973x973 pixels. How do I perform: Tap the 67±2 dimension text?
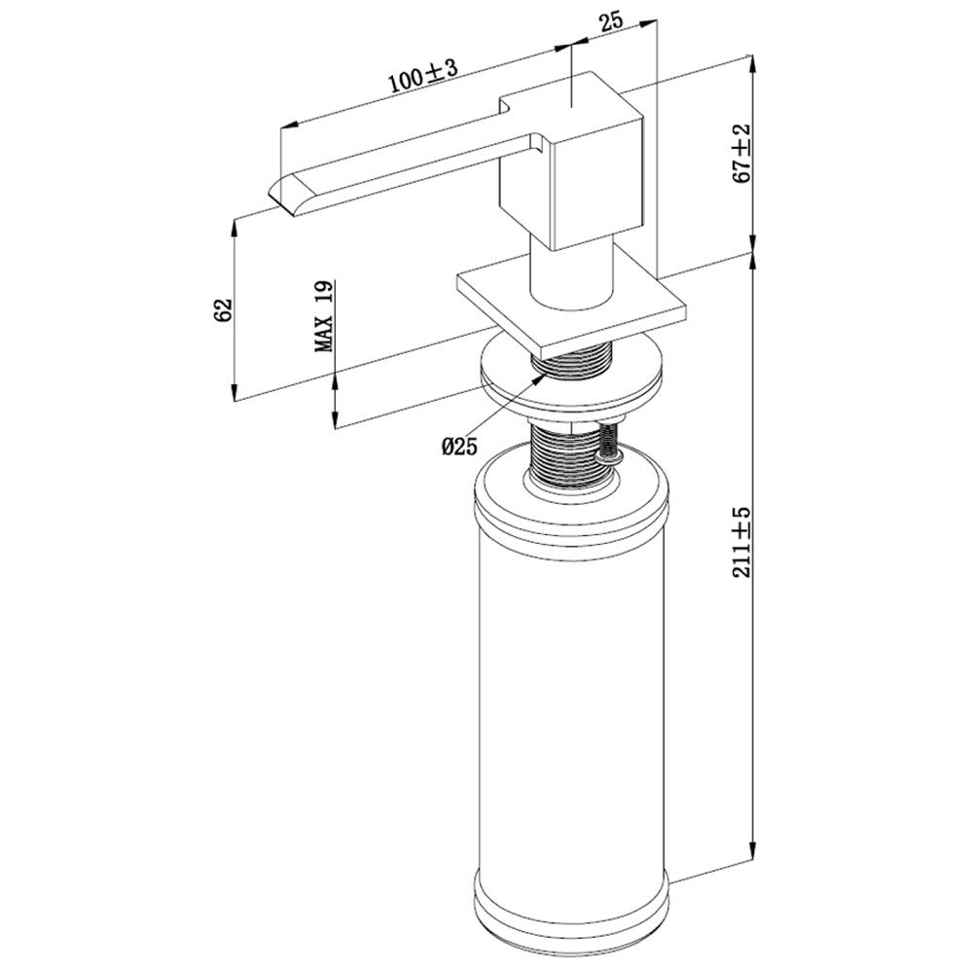click(x=741, y=154)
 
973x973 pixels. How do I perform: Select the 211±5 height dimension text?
click(x=741, y=543)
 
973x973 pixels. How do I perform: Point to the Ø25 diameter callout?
click(x=460, y=446)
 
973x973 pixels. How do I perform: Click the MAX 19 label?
click(x=324, y=316)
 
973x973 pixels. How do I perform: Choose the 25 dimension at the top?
click(x=611, y=23)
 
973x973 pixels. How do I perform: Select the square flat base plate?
click(x=571, y=308)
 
